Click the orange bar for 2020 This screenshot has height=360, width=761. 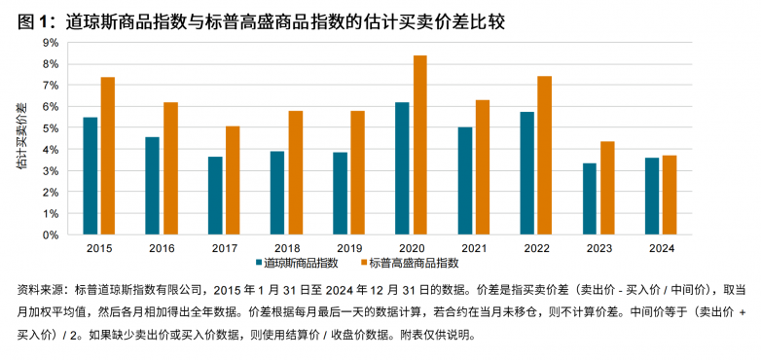coord(420,145)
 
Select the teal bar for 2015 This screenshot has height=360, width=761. coord(91,175)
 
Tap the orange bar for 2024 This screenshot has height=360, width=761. coord(670,195)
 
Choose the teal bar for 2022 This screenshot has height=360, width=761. coord(527,173)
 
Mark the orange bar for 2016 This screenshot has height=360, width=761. coord(170,168)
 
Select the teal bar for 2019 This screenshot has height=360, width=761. coord(341,193)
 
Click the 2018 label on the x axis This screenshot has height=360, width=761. coord(286,249)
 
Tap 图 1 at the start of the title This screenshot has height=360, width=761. coord(32,18)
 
